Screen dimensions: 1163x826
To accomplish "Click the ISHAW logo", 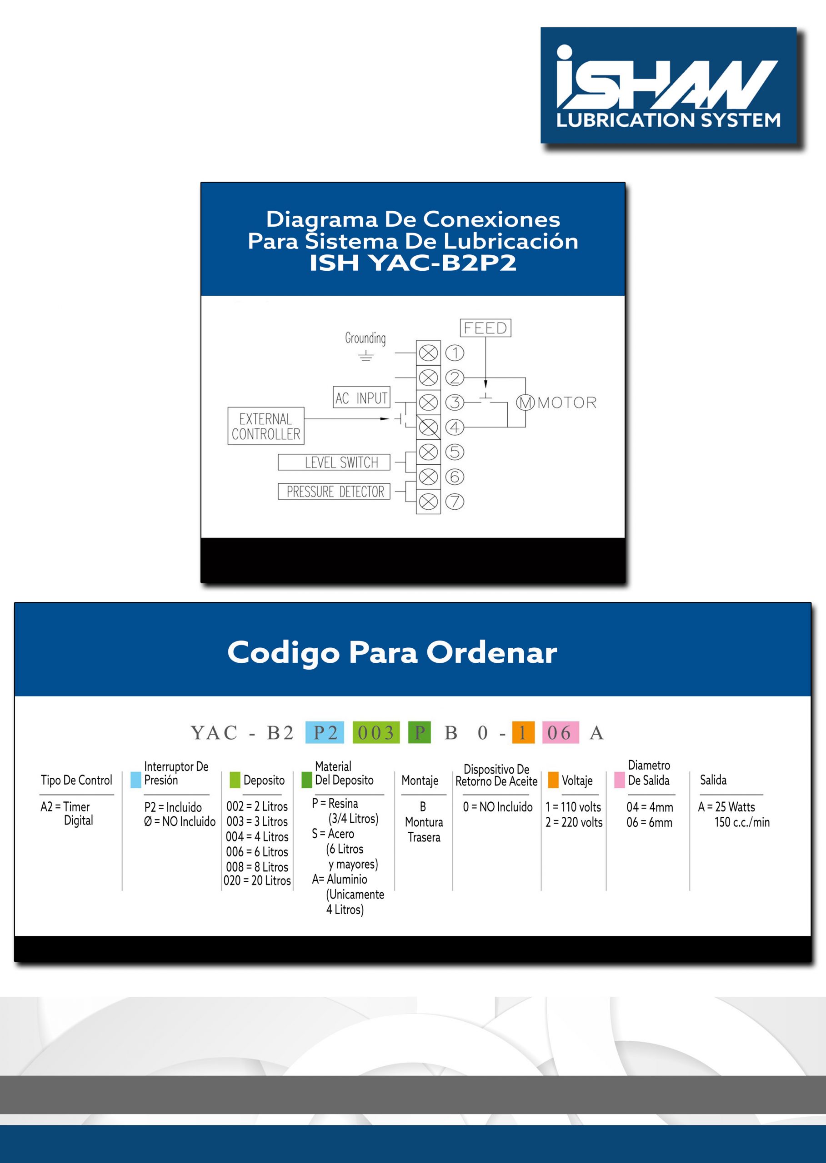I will pyautogui.click(x=668, y=85).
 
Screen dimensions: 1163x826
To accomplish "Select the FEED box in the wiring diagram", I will pyautogui.click(x=485, y=328).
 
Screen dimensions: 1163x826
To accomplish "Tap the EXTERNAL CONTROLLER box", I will pyautogui.click(x=265, y=426).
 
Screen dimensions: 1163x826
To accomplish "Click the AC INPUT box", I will pyautogui.click(x=361, y=398).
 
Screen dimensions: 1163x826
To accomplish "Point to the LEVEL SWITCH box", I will pyautogui.click(x=334, y=462).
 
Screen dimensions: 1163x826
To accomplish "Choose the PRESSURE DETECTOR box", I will pyautogui.click(x=334, y=492).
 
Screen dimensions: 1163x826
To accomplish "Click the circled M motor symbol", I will pyautogui.click(x=526, y=403).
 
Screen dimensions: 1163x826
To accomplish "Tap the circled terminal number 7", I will pyautogui.click(x=454, y=502).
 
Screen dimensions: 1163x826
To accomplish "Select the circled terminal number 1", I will pyautogui.click(x=454, y=353).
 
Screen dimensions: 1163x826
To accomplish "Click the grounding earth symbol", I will pyautogui.click(x=365, y=356).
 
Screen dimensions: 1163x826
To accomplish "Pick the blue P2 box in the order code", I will pyautogui.click(x=325, y=732).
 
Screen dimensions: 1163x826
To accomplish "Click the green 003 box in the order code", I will pyautogui.click(x=376, y=732).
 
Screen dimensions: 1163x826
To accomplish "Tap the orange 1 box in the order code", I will pyautogui.click(x=523, y=732).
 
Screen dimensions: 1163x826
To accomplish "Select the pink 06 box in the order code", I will pyautogui.click(x=560, y=732).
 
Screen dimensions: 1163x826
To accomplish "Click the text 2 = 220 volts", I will pyautogui.click(x=574, y=822).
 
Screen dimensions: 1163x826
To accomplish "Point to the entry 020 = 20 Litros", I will pyautogui.click(x=257, y=880).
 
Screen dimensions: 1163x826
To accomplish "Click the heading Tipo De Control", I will pyautogui.click(x=76, y=780).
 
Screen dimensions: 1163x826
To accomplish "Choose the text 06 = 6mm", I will pyautogui.click(x=649, y=822).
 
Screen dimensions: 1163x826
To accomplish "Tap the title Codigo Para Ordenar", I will pyautogui.click(x=392, y=652).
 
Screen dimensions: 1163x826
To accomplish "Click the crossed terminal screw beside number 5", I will pyautogui.click(x=428, y=452).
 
